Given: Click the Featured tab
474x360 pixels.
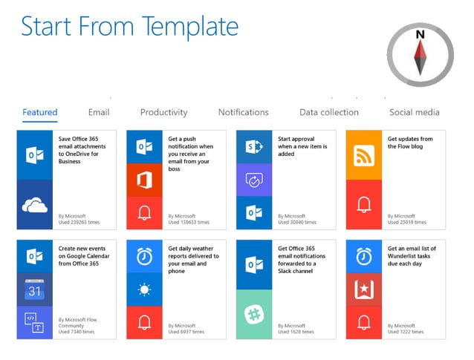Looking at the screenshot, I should [40, 113].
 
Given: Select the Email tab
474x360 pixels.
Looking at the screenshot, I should [99, 113].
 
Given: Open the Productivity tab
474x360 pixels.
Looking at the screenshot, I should [163, 113].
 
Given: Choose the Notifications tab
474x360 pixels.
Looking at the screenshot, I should [243, 113].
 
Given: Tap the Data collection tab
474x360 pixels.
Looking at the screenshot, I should [328, 113].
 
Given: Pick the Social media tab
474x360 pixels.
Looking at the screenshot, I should [414, 113].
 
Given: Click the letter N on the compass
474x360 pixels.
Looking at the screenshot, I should [420, 35].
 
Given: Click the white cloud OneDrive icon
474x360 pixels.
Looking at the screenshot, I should [35, 205].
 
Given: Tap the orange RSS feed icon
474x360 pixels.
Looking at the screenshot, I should [364, 155].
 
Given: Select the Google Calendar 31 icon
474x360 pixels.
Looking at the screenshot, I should [35, 290].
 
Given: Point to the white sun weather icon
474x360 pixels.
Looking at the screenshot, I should [144, 289].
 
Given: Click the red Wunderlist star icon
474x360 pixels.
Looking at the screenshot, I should [364, 289].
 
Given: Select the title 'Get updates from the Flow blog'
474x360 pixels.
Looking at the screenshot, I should [410, 143].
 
